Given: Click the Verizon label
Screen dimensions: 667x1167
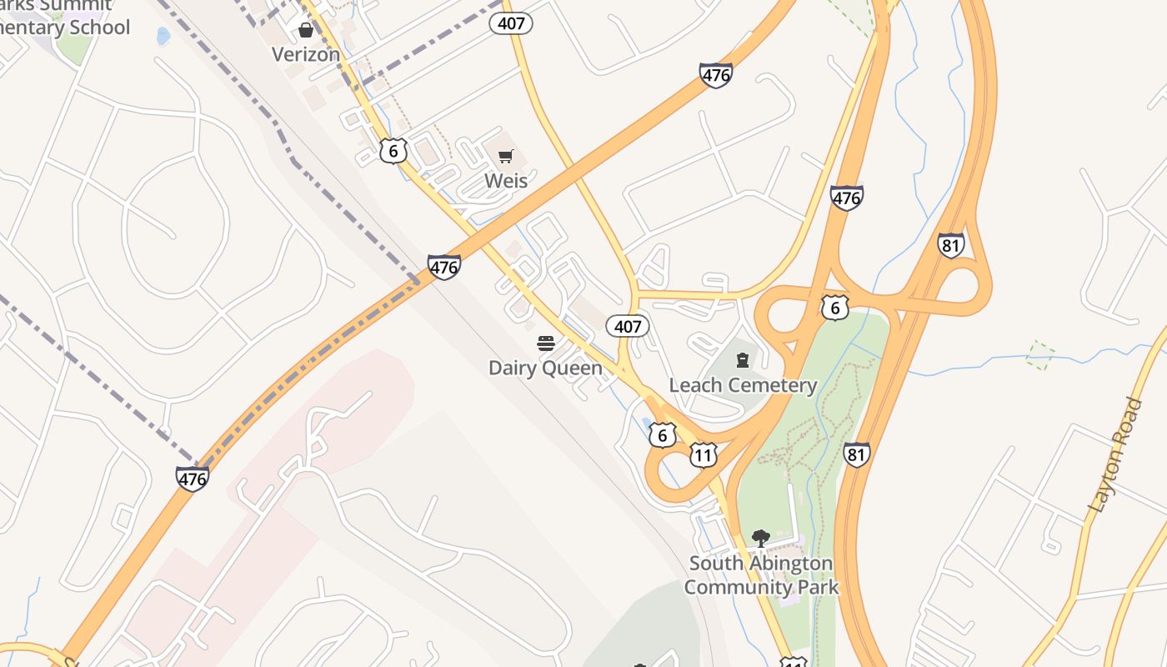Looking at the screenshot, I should [306, 54].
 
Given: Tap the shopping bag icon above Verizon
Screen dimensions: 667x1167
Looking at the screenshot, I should [306, 31].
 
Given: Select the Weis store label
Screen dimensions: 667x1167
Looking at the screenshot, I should [506, 180].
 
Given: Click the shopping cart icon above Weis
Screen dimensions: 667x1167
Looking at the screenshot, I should [505, 156].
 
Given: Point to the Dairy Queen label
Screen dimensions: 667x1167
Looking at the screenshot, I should [545, 368].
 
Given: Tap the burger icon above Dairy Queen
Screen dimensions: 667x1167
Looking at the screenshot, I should [546, 344].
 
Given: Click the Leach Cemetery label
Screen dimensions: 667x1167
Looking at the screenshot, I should [743, 385].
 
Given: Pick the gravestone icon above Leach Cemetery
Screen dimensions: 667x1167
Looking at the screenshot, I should [743, 360].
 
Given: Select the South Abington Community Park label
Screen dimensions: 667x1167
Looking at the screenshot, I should [760, 574].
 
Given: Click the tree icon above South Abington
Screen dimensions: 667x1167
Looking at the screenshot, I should [760, 539].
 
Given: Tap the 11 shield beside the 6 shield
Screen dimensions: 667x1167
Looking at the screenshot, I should [704, 455].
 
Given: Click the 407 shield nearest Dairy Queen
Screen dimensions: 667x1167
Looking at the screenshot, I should [627, 326].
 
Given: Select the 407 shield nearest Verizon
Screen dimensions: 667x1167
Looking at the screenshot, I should [510, 23].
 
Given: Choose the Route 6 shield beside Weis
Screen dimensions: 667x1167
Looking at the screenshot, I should [393, 151].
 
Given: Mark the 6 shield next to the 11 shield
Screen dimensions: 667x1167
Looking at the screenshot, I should [662, 434].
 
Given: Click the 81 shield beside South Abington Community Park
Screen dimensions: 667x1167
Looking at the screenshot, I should [856, 454].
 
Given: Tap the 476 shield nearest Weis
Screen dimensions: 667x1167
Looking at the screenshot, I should [444, 268].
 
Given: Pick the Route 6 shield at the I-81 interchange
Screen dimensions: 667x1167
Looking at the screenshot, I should [834, 308].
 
